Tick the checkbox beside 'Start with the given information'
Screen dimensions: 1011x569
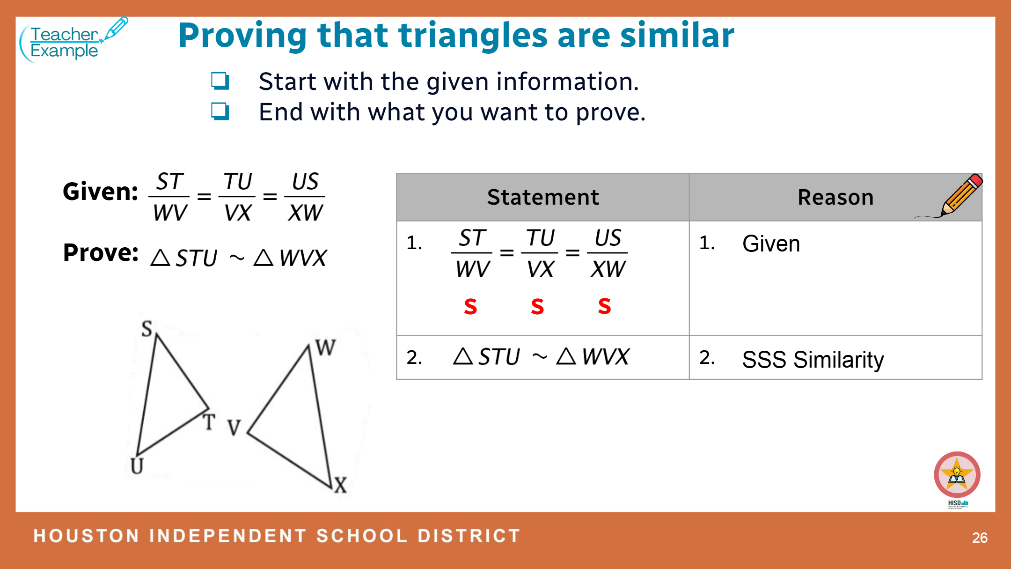(220, 81)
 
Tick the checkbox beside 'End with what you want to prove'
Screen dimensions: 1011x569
(220, 111)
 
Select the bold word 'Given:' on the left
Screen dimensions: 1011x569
(101, 192)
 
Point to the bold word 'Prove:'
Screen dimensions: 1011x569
(101, 253)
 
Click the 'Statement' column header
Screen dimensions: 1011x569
(543, 197)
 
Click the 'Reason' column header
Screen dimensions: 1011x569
(835, 197)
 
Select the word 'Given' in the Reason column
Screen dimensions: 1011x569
(771, 244)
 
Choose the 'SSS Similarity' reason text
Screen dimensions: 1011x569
(813, 360)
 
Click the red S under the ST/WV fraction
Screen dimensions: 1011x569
(470, 307)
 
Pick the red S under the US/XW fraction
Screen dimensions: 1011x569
(604, 306)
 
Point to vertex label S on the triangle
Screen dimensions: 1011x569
(147, 329)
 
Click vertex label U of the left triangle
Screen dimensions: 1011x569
(137, 466)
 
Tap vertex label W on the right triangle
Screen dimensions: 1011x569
(325, 347)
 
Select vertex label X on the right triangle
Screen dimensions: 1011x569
(340, 485)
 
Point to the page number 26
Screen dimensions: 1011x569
(980, 538)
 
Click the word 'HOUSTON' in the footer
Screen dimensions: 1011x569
(87, 536)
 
